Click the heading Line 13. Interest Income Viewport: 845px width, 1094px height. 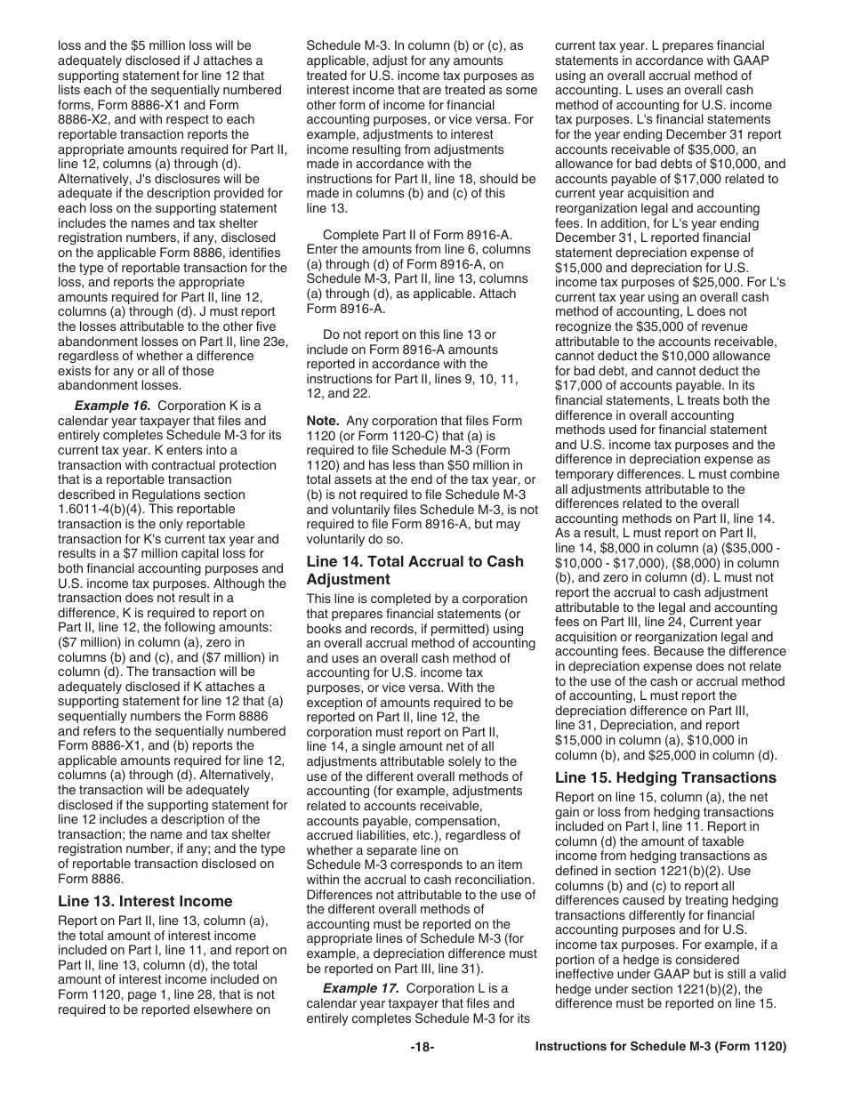[145, 901]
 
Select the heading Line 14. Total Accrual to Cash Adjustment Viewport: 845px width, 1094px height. [414, 570]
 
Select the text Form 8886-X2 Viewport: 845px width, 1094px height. [96, 104]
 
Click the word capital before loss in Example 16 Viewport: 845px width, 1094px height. [208, 554]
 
